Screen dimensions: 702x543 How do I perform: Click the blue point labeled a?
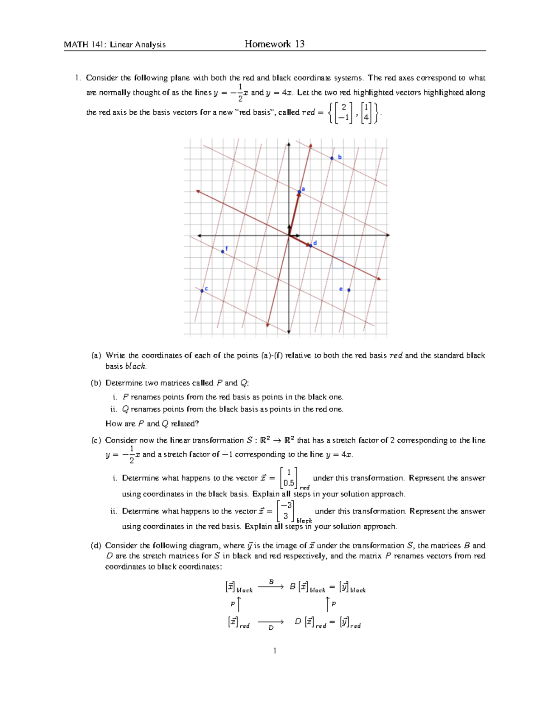coord(300,192)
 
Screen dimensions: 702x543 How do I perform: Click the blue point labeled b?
coord(332,158)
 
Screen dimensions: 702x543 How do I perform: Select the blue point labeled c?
coord(202,291)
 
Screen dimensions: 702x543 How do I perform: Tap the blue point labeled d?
coord(311,245)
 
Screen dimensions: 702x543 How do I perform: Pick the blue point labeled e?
coord(348,290)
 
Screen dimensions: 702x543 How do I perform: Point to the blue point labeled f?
coord(223,251)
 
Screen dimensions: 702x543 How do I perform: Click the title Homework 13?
coord(274,44)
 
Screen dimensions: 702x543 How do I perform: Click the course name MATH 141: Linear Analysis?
coord(114,44)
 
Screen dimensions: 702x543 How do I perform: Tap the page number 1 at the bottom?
coord(274,650)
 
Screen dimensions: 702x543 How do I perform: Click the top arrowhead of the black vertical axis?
coord(289,145)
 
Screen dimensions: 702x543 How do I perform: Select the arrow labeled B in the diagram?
coord(271,587)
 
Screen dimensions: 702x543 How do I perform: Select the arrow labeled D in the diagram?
coord(271,622)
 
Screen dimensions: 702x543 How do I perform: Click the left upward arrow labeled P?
coord(238,604)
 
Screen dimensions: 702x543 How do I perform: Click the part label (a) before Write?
coord(96,355)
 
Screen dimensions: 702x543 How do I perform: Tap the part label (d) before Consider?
coord(96,546)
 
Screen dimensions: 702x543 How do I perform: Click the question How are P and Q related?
coord(152,424)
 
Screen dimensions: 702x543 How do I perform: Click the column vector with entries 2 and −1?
coord(343,113)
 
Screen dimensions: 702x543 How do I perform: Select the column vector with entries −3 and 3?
coord(286,511)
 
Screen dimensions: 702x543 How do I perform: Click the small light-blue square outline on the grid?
coord(338,263)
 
